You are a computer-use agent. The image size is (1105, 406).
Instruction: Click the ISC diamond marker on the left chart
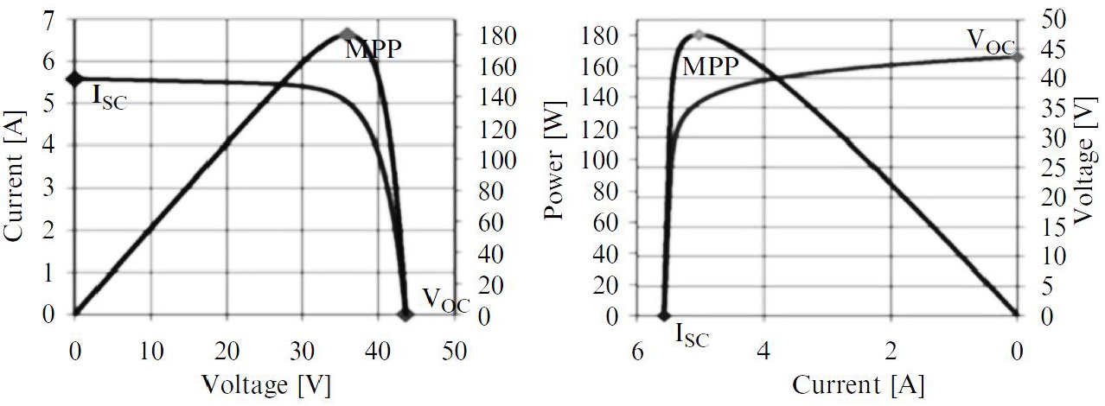click(75, 79)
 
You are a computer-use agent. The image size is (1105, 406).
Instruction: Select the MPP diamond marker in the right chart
click(699, 35)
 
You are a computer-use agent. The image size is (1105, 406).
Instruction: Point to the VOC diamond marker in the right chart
click(1018, 57)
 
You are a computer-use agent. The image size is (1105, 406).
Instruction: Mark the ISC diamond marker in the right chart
click(664, 316)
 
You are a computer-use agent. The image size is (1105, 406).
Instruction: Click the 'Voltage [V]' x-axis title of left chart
click(265, 383)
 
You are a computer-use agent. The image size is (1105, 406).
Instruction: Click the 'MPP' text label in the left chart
click(374, 50)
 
